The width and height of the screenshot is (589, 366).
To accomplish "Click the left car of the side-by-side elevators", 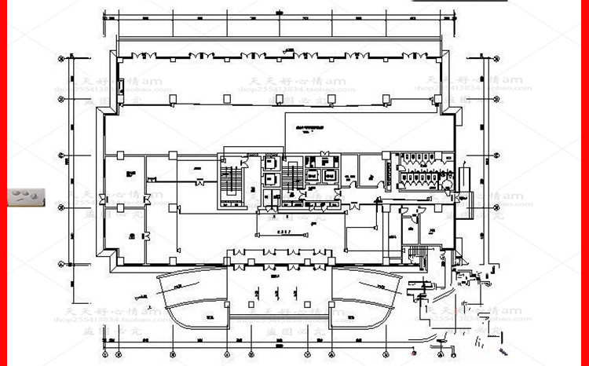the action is [311, 177].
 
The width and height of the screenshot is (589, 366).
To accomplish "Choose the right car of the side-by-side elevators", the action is [330, 177].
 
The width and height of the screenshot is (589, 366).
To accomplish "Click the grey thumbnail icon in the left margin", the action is [27, 197].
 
